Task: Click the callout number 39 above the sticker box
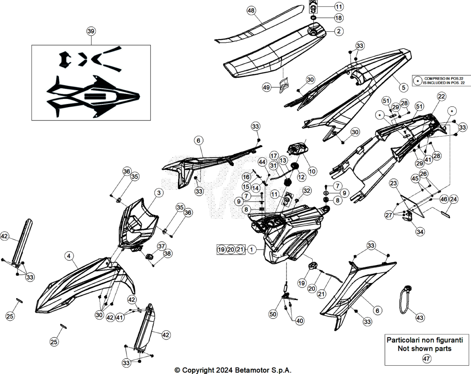click(91, 31)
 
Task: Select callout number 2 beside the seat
click(339, 31)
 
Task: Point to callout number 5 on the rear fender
click(403, 87)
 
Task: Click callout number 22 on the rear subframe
click(441, 97)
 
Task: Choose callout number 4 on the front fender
click(69, 256)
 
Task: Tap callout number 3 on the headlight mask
click(159, 193)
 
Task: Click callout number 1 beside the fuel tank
click(252, 249)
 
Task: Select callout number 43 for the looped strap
click(419, 317)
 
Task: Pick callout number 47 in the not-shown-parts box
click(426, 358)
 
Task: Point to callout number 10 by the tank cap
click(312, 171)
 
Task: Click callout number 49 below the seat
click(266, 87)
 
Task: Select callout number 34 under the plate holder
click(420, 231)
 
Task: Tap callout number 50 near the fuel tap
click(273, 314)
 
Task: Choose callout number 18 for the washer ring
click(339, 18)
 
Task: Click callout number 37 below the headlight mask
click(161, 246)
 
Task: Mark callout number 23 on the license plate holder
click(394, 183)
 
